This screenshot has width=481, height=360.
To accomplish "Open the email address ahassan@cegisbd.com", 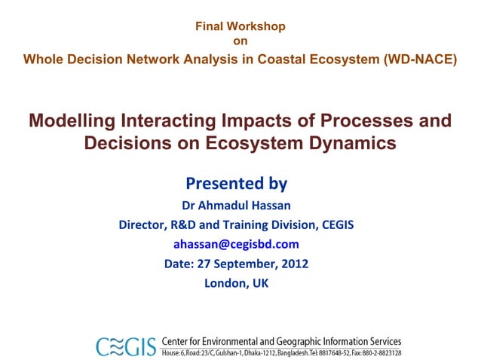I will [x=236, y=244].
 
